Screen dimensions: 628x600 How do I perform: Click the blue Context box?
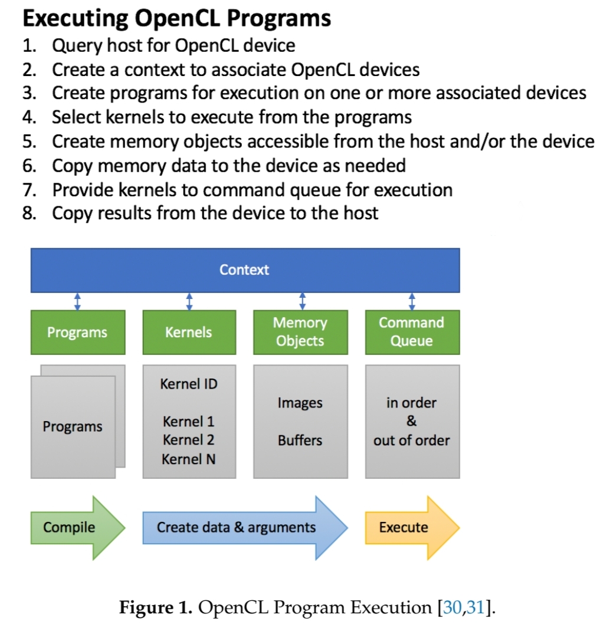[245, 270]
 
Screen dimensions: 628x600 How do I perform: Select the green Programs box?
[77, 332]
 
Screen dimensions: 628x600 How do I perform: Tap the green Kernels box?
[189, 332]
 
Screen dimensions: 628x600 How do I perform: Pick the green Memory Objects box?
[300, 332]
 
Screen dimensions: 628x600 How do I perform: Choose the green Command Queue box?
[412, 332]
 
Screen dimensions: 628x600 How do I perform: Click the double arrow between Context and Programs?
[77, 301]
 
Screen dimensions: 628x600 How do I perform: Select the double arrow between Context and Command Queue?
[412, 301]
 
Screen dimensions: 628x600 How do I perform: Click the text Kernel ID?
[189, 384]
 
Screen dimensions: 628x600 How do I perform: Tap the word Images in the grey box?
[300, 403]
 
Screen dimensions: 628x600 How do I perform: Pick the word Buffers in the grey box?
[300, 440]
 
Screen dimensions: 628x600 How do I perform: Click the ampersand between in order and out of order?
[412, 422]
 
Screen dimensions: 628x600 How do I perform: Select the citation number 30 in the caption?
[453, 608]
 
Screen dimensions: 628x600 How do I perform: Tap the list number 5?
[29, 142]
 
